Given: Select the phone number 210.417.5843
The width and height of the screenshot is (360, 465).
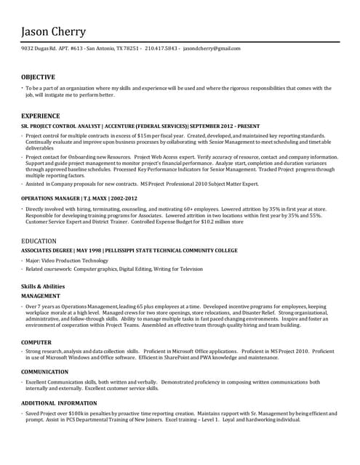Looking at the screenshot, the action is coord(161,48).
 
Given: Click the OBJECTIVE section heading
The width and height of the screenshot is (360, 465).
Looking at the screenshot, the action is coord(38,77).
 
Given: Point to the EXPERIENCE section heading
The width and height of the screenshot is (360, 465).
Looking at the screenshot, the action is coord(41,116).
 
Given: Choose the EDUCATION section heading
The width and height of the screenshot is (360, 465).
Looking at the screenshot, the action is coord(39,240).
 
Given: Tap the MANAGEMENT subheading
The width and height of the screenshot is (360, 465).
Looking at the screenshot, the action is coord(41,297).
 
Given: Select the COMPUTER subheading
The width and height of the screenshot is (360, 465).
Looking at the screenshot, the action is coord(36,341).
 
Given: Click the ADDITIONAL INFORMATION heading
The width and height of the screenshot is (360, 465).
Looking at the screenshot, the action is coord(59,403).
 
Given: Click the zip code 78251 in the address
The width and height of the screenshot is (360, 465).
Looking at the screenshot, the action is coord(132,48).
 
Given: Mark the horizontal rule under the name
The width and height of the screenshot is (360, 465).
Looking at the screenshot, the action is coord(180,42).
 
